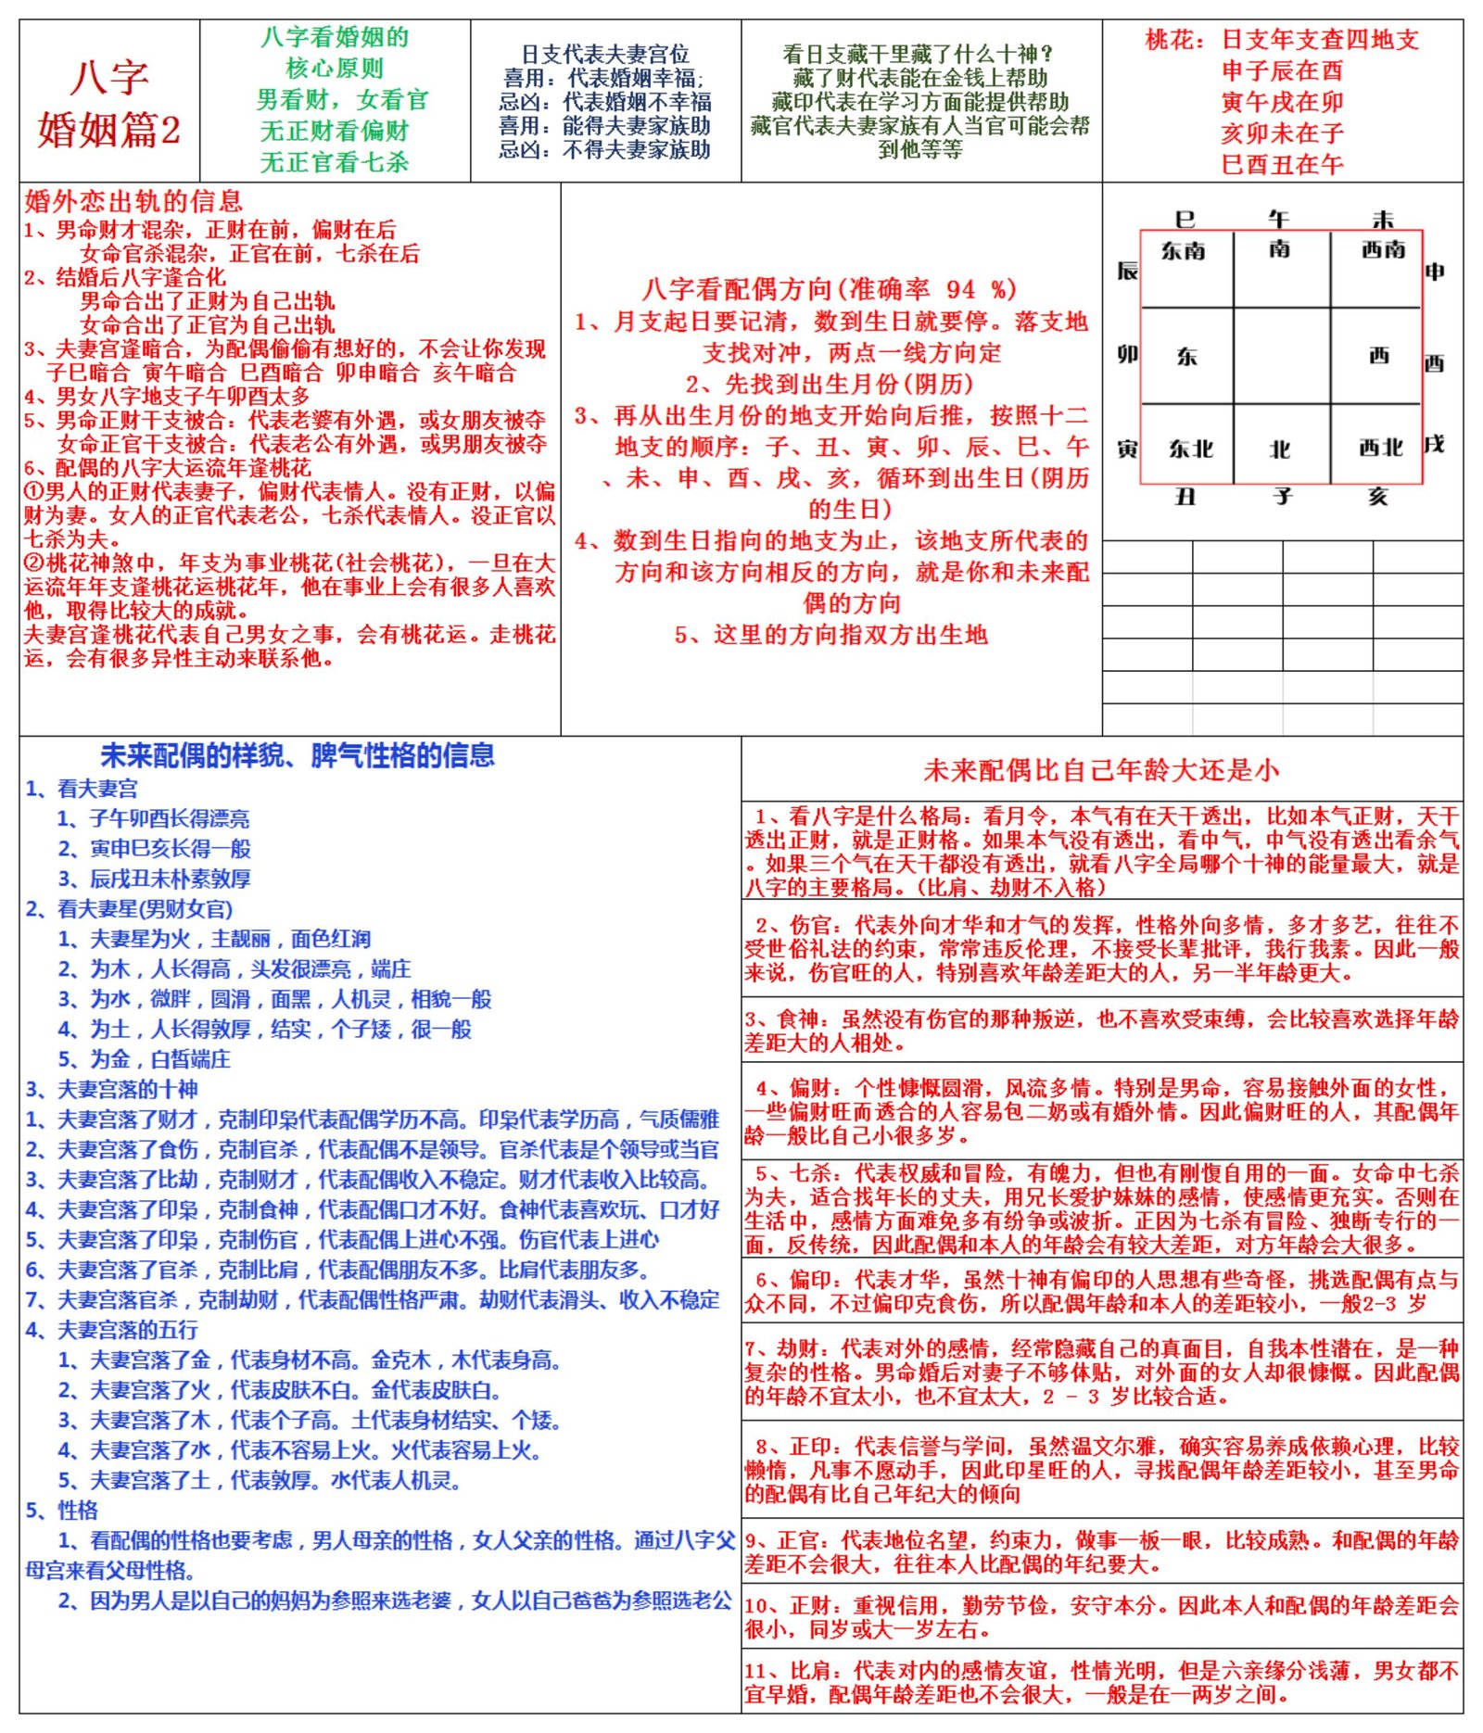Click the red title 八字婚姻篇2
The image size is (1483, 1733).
click(109, 102)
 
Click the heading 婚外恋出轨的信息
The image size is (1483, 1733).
click(133, 201)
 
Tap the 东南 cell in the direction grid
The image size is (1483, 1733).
click(1184, 251)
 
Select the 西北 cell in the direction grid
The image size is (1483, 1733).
click(1380, 449)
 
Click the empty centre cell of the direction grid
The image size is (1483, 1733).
click(1281, 356)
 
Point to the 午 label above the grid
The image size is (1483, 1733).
click(1279, 220)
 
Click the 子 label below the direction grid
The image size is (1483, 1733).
click(1282, 497)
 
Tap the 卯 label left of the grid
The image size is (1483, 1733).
click(1127, 355)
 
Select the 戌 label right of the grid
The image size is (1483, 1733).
click(1434, 445)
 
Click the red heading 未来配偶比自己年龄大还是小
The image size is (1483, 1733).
click(1101, 770)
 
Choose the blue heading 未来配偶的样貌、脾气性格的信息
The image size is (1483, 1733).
click(298, 756)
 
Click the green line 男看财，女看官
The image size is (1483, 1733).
click(343, 100)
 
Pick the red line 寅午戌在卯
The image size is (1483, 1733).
click(1282, 102)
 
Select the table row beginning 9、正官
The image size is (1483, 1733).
click(1101, 1552)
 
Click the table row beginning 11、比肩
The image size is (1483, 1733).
click(1101, 1683)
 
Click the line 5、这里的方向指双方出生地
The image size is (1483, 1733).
click(831, 635)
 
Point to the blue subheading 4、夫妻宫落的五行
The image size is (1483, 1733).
click(112, 1331)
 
